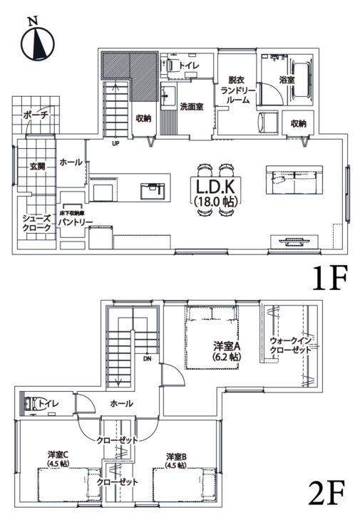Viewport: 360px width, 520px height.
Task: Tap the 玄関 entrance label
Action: pos(38,166)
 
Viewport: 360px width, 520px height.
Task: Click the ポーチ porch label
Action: pos(35,114)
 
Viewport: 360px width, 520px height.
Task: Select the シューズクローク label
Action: pos(36,223)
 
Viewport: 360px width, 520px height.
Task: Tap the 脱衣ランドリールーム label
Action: pos(237,90)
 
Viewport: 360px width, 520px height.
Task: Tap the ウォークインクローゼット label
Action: pos(290,345)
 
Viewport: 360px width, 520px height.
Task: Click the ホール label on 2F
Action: pos(121,403)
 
